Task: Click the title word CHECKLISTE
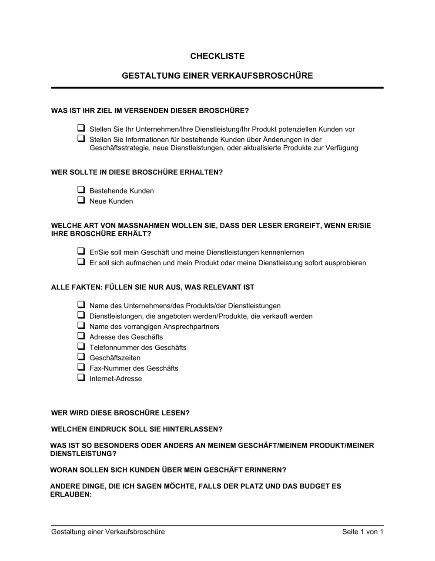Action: coord(217,56)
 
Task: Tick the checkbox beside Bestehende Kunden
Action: coord(81,190)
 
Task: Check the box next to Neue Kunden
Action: coord(81,200)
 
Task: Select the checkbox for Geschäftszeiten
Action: coord(81,357)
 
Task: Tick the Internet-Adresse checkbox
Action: coord(81,378)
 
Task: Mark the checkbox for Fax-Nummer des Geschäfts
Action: coord(81,367)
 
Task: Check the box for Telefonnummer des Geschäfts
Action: coord(81,347)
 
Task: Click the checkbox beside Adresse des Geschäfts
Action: coord(81,336)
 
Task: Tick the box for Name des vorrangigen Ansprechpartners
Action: coord(81,326)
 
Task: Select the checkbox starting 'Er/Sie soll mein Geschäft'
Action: coord(81,252)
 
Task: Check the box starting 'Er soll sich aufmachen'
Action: coord(81,262)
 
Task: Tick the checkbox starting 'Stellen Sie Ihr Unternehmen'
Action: coord(81,129)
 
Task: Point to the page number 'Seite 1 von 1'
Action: coord(363,531)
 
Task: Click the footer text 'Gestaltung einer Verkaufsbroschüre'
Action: coord(108,531)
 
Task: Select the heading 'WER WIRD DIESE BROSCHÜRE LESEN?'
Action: coord(120,413)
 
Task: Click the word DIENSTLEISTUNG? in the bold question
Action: coord(84,454)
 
